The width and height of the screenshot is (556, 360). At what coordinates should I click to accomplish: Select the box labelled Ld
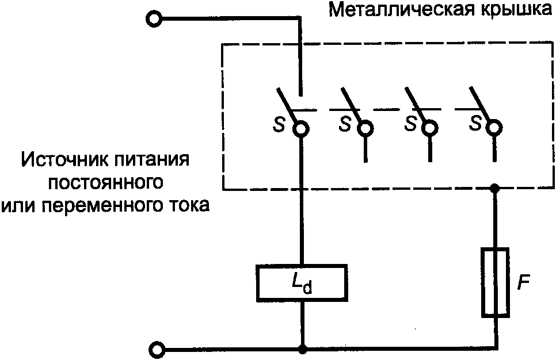coord(302,283)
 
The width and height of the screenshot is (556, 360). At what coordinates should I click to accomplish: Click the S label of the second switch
coord(344,124)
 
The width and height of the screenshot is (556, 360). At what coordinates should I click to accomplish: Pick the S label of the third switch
coord(410,124)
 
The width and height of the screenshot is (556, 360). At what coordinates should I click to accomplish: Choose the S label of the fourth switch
coord(475,124)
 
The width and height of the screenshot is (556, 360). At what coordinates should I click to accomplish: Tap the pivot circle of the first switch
coord(300,129)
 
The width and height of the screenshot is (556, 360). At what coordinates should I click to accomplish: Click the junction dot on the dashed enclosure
coord(495,188)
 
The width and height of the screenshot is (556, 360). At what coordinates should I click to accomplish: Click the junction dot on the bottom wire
coord(302,349)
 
